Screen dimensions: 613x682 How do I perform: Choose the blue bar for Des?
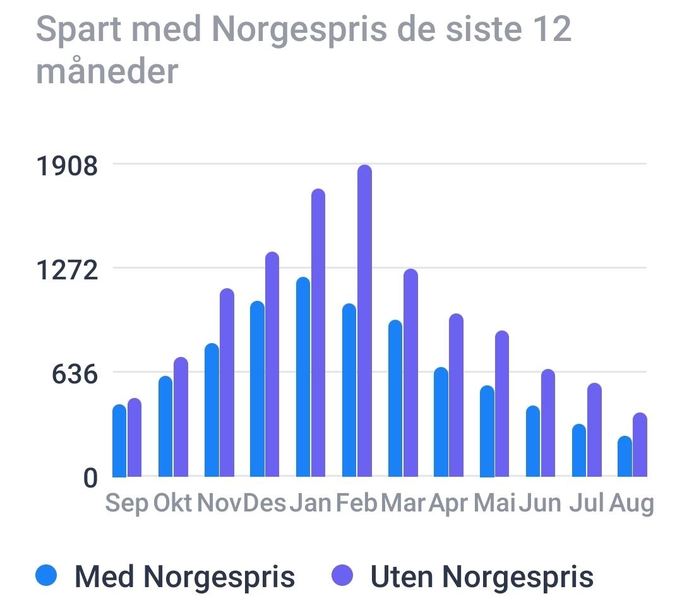[x=257, y=388]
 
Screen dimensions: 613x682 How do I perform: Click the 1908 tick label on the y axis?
[x=67, y=166]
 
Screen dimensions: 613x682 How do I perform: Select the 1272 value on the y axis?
[x=67, y=270]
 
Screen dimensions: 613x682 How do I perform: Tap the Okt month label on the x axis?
[x=172, y=504]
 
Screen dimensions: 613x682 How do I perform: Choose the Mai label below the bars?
[x=494, y=504]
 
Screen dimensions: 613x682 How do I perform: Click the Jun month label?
[x=540, y=504]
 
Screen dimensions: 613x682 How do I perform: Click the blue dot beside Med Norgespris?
[x=47, y=575]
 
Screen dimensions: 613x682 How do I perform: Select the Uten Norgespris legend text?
[x=482, y=576]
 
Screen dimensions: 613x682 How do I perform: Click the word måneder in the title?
[x=107, y=72]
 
